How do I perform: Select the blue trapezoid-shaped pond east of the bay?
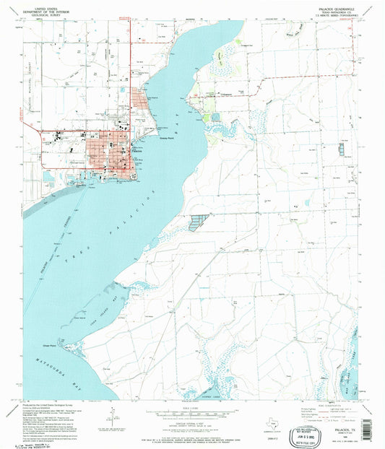pos(197,222)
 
